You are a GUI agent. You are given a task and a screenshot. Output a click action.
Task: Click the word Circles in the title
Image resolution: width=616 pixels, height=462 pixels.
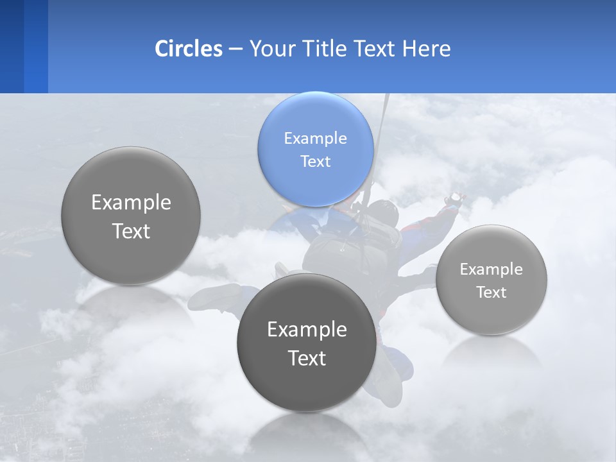pos(189,49)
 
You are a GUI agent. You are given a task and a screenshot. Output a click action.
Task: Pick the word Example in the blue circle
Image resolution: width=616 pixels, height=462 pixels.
pos(316,138)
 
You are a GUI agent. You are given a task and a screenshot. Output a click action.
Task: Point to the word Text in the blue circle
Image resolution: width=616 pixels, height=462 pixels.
pos(316,161)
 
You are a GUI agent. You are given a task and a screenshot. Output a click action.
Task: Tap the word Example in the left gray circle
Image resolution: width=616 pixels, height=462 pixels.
pos(131,203)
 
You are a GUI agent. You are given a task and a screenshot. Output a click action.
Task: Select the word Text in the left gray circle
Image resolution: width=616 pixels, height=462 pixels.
pos(131,231)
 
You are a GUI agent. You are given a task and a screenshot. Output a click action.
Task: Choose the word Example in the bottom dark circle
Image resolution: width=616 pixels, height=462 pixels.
pos(307,330)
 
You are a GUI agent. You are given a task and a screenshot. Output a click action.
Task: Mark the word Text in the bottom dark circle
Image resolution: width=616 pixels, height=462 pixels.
pos(307,358)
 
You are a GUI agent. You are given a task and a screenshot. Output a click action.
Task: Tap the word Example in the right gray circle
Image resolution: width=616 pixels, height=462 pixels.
pos(492,269)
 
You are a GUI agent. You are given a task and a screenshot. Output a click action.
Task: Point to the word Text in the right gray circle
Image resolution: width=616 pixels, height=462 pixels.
pos(492,293)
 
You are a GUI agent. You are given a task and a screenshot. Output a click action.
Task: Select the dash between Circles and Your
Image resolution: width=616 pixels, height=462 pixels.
pos(235,49)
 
